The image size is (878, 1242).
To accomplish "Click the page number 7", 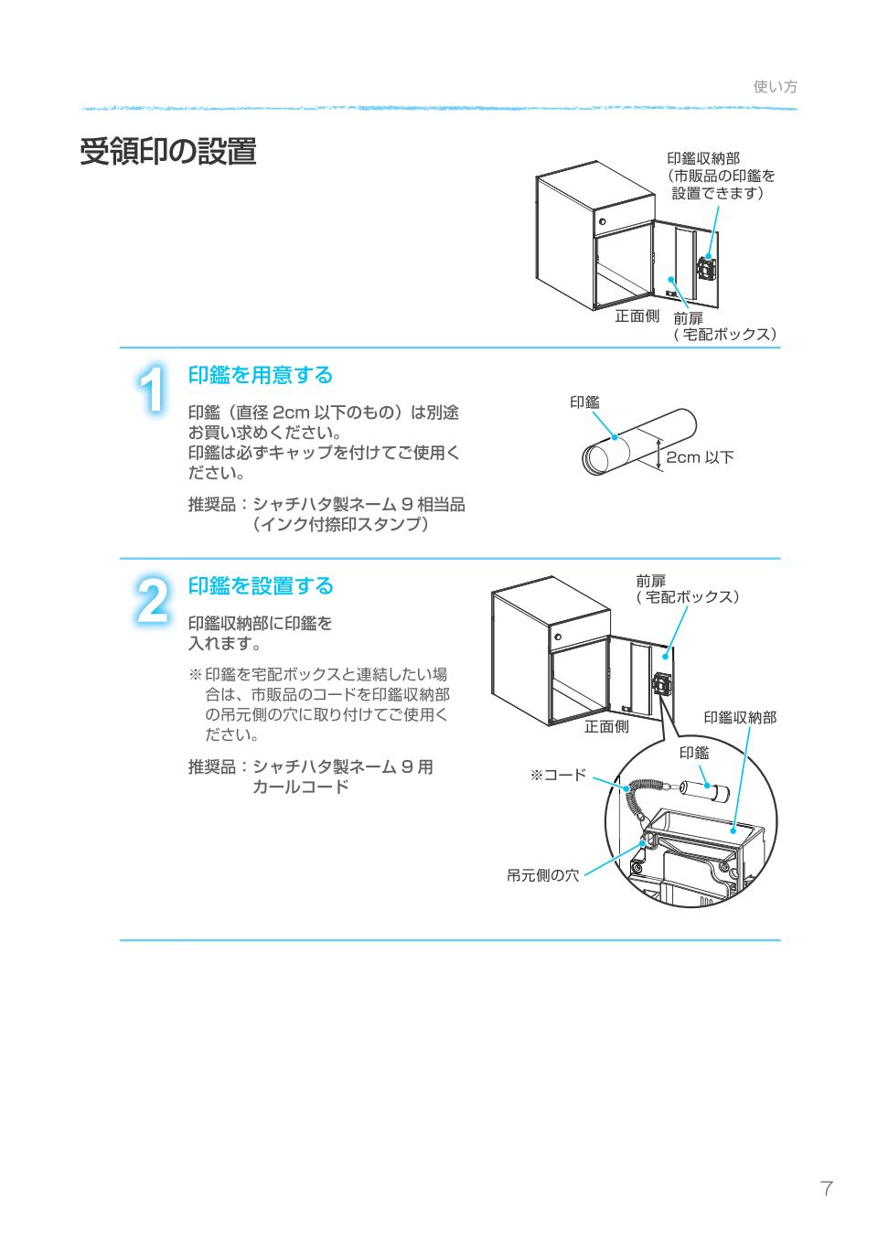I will [x=826, y=1189].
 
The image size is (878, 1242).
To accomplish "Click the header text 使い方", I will [x=775, y=87].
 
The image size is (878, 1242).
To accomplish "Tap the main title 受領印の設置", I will [x=168, y=152].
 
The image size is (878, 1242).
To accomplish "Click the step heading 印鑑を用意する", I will [x=261, y=375].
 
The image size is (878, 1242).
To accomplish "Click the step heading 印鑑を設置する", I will [x=261, y=585].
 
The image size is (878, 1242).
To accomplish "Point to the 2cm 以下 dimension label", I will [x=700, y=457].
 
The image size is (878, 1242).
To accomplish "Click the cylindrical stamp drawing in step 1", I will [x=639, y=443].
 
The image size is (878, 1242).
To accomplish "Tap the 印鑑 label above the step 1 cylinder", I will [x=584, y=402].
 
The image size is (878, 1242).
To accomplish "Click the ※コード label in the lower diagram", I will [x=558, y=776].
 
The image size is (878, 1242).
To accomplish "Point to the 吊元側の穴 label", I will [x=543, y=875].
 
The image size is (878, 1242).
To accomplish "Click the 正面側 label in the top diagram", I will [x=637, y=316].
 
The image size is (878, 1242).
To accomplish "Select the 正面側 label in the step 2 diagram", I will [x=606, y=727].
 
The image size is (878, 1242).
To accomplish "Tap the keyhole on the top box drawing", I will [x=603, y=221].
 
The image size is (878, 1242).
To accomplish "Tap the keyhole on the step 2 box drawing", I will [x=557, y=633].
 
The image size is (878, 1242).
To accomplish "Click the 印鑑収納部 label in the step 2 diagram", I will [x=739, y=718].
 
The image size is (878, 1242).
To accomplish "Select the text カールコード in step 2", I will [x=300, y=787].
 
